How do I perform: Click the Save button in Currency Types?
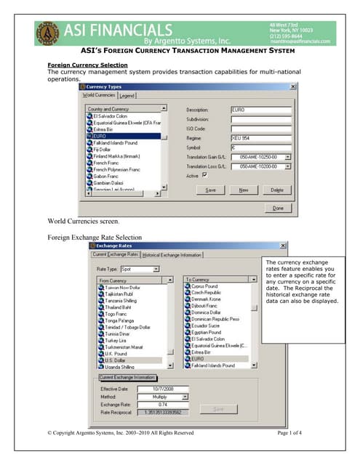pos(211,189)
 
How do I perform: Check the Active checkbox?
pos(205,175)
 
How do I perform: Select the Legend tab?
pos(127,95)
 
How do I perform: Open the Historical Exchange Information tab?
pos(172,255)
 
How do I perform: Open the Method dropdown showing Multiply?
pos(185,397)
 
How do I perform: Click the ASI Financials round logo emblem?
pos(49,33)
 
